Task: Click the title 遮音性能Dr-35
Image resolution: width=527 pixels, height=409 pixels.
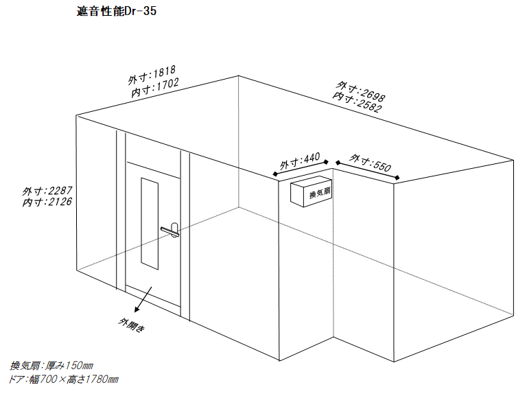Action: pyautogui.click(x=116, y=11)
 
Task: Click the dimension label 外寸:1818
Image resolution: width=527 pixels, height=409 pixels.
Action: pyautogui.click(x=152, y=75)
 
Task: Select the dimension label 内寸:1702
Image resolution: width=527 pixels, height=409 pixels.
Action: pyautogui.click(x=155, y=88)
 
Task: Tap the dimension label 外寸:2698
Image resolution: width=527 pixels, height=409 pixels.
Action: pyautogui.click(x=361, y=91)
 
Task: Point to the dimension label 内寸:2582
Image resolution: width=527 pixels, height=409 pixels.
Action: pyautogui.click(x=357, y=102)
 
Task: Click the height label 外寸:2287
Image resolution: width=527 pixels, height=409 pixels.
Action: pyautogui.click(x=47, y=191)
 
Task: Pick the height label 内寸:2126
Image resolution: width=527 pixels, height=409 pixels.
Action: pyautogui.click(x=47, y=202)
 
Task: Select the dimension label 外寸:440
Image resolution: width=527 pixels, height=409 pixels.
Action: pyautogui.click(x=300, y=161)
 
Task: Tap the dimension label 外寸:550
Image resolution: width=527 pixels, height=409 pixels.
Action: pyautogui.click(x=370, y=163)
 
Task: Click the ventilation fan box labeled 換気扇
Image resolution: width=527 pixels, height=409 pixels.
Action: pyautogui.click(x=311, y=191)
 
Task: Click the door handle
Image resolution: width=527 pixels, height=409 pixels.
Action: pyautogui.click(x=171, y=230)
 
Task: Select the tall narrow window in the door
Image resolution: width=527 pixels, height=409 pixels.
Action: pyautogui.click(x=149, y=224)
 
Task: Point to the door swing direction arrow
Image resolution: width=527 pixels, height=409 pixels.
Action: pyautogui.click(x=143, y=300)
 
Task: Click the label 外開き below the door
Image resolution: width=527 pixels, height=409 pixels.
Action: pyautogui.click(x=132, y=325)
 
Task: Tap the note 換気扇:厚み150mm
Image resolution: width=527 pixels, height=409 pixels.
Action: pyautogui.click(x=51, y=365)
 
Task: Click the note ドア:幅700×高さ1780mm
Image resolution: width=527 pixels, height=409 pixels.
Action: pyautogui.click(x=64, y=379)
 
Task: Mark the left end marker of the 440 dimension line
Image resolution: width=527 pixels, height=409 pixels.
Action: pyautogui.click(x=275, y=174)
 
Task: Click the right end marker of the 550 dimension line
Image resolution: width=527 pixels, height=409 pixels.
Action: pyautogui.click(x=397, y=178)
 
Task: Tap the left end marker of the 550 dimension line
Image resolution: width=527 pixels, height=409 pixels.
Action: pyautogui.click(x=338, y=163)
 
